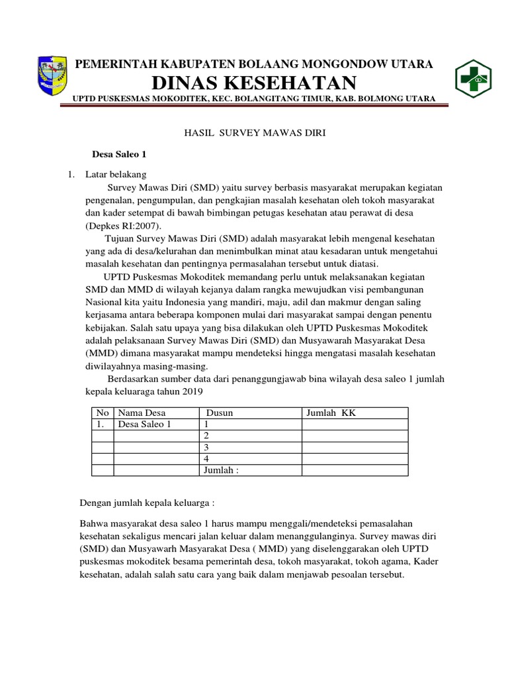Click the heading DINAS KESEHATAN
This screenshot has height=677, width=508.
pos(254,83)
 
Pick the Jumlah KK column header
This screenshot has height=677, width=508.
pos(331,413)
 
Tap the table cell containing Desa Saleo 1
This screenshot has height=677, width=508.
pos(144,424)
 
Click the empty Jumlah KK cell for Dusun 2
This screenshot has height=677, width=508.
pos(355,436)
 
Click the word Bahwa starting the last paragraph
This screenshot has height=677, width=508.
pos(93,523)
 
